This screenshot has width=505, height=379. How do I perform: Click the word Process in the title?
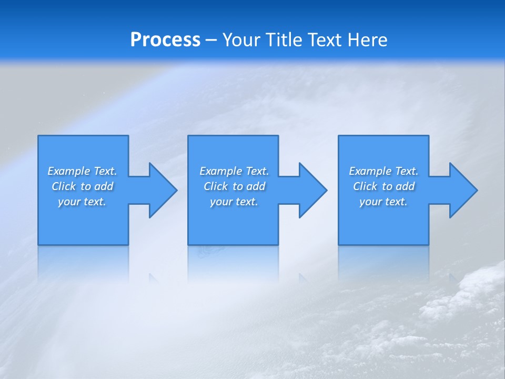165,40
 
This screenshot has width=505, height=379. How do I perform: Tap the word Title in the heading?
282,40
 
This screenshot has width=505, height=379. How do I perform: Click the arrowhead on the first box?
160,190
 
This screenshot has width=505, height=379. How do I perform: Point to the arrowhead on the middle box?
310,190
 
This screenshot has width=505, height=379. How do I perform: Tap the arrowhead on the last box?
461,190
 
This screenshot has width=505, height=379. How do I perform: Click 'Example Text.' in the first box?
82,171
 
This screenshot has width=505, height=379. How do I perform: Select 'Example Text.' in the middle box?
234,171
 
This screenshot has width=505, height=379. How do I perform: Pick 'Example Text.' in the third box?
383,171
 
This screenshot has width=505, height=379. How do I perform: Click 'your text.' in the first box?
82,202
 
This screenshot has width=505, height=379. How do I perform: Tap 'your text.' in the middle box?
234,202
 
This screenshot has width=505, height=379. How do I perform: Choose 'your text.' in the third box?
383,202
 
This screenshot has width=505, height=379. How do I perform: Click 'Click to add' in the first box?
82,186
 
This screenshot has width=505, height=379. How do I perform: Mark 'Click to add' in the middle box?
234,186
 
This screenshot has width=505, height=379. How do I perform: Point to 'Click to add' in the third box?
383,186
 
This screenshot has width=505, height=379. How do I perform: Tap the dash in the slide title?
211,40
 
